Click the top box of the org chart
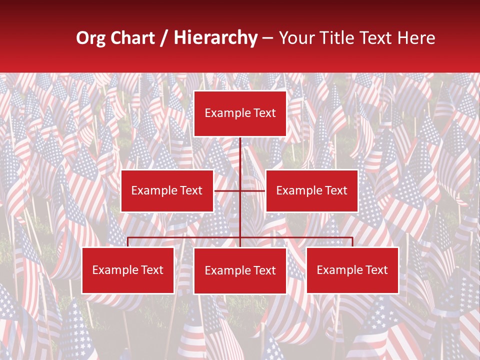[x=240, y=113]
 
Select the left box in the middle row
[x=167, y=190]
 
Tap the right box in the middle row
[x=311, y=190]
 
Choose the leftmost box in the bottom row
[x=128, y=270]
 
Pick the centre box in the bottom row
[x=240, y=270]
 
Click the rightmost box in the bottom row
[x=352, y=270]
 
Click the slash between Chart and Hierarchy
[x=164, y=38]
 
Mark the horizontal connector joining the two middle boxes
[x=252, y=190]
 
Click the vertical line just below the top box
[x=240, y=150]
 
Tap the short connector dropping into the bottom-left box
[x=128, y=242]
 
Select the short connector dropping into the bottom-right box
[x=352, y=242]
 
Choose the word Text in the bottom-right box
[x=376, y=270]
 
